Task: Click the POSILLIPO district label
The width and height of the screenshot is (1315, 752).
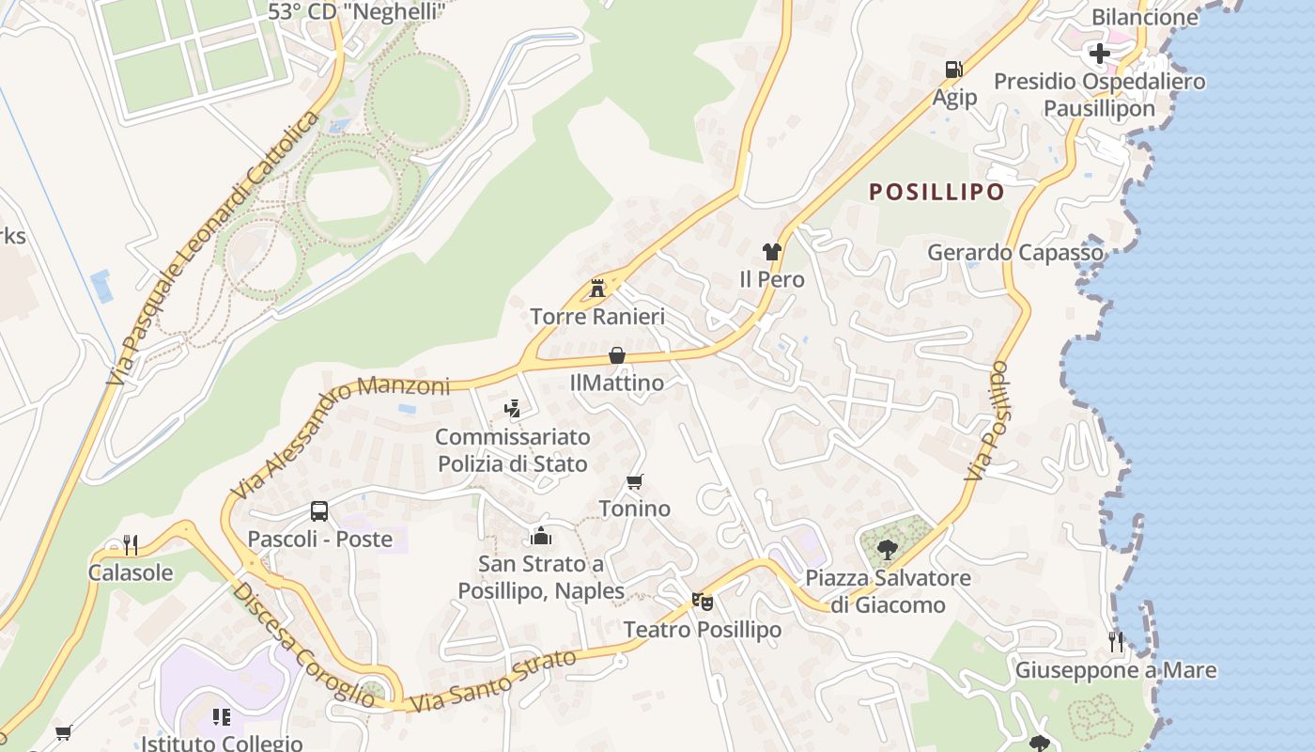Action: tap(936, 192)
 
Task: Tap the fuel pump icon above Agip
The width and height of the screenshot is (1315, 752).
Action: tap(953, 70)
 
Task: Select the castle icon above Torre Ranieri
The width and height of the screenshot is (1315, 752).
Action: tap(597, 288)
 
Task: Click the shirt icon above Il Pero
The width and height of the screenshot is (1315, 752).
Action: tap(771, 251)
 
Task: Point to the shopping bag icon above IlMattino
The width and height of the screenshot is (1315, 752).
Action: tap(617, 355)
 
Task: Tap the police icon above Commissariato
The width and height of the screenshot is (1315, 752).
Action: tap(512, 408)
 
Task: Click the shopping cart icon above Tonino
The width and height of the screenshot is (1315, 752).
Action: tap(635, 481)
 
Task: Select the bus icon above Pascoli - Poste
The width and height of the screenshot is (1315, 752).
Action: tap(319, 511)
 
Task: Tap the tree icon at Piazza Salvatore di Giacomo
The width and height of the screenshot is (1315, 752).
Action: tap(887, 549)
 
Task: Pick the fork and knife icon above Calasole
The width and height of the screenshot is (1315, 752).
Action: tap(131, 544)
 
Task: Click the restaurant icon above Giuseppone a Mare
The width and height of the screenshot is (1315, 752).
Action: tap(1116, 642)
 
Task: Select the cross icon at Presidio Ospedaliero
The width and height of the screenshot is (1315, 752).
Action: tap(1099, 53)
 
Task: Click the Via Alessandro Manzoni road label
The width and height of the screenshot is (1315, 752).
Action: tap(340, 436)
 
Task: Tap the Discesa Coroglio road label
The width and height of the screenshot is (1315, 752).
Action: tap(303, 644)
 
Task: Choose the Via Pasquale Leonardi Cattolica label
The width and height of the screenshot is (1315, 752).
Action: tap(212, 248)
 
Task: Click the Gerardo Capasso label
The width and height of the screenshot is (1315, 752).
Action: tap(1015, 252)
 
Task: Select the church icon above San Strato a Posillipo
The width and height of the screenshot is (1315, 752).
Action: tap(541, 537)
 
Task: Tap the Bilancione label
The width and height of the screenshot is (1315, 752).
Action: tap(1144, 16)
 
